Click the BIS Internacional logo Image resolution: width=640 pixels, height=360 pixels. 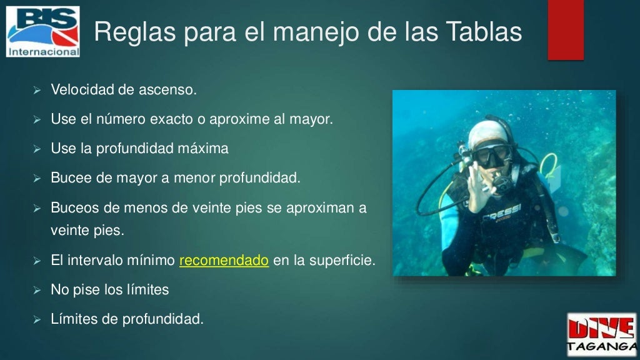[43, 31]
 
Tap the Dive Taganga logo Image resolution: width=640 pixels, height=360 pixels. [601, 334]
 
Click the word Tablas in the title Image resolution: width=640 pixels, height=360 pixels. [485, 32]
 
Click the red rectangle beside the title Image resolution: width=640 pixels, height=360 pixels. [565, 30]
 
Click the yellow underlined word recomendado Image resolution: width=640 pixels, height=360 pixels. [224, 261]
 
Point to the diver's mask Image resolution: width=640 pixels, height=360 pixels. [492, 154]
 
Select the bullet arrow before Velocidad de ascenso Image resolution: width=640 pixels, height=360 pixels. [36, 91]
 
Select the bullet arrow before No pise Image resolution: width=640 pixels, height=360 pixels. [36, 291]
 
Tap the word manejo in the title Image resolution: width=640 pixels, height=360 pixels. [304, 32]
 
